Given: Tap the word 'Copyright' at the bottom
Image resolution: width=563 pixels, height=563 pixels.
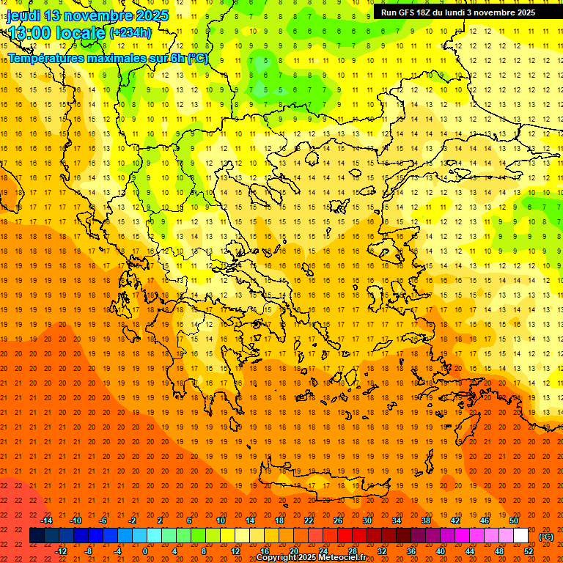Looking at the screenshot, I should [x=276, y=558].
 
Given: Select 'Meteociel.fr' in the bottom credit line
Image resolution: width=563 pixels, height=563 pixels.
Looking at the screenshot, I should [x=342, y=558].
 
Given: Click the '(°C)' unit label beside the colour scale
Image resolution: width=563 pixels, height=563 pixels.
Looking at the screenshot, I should [x=545, y=537].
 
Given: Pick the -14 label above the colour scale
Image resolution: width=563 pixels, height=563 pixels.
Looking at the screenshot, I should [x=47, y=520].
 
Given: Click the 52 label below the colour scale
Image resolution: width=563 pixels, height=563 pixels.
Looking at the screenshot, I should [x=529, y=551].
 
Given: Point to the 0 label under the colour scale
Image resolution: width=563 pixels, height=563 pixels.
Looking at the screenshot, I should [x=145, y=551].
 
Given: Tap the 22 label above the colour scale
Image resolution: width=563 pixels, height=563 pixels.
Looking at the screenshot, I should [x=309, y=520].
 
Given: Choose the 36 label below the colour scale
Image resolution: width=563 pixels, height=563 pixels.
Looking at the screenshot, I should [x=411, y=551].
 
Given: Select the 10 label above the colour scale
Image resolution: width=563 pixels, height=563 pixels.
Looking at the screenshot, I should [x=221, y=520].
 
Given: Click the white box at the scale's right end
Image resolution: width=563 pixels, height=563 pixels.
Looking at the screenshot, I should [x=520, y=536].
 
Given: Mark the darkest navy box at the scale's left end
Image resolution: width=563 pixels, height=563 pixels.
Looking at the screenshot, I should [x=37, y=536].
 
